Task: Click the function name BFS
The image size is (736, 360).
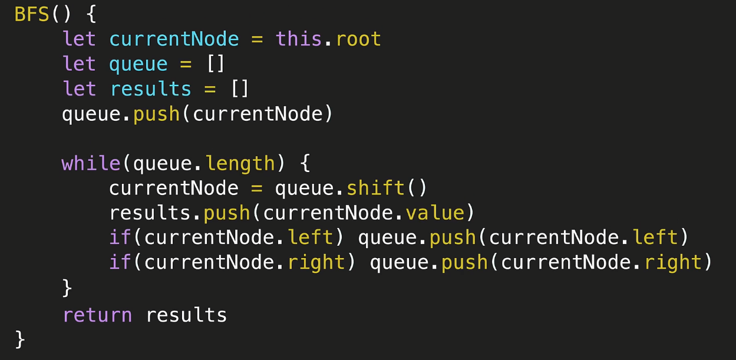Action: coord(32,15)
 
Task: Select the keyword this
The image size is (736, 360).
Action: coord(299,39)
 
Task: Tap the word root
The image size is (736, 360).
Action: coord(358,39)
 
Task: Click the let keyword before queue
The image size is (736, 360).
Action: coord(79,64)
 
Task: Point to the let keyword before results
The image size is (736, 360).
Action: coord(79,89)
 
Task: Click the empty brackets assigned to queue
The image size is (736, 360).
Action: coord(216,64)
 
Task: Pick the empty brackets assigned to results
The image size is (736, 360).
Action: coord(240,89)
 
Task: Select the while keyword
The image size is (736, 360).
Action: coord(91,163)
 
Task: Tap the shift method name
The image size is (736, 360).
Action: coord(375,188)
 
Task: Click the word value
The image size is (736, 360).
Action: coord(435,213)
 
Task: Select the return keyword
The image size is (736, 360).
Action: coord(97,315)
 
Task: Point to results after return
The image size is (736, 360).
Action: coord(186,315)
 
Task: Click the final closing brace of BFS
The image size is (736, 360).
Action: coord(20,339)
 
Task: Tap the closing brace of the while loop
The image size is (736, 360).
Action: coord(67,288)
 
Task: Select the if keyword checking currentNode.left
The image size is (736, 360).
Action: coord(120,237)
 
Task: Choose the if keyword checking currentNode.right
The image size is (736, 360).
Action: coord(120,262)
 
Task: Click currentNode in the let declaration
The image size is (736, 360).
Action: coord(174,39)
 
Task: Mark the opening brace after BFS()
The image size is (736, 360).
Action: coord(91,15)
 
